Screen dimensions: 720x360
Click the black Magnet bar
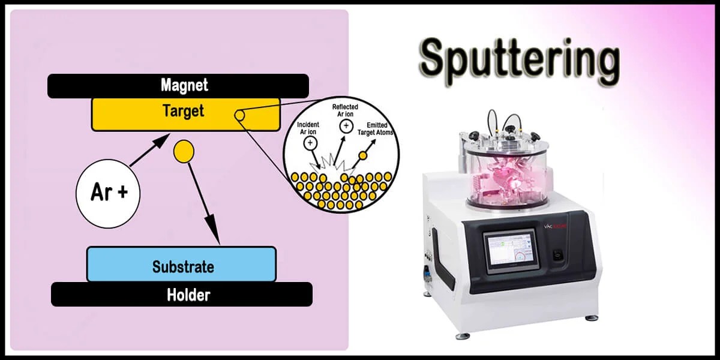point(178,85)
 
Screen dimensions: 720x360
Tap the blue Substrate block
point(181,265)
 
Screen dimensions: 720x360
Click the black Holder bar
point(181,295)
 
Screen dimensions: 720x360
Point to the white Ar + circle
point(108,193)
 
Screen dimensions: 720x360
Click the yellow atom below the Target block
point(183,151)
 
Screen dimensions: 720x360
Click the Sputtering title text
point(519,61)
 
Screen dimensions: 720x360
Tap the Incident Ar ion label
point(309,128)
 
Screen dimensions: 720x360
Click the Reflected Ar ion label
point(345,110)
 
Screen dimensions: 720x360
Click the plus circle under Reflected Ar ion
point(346,125)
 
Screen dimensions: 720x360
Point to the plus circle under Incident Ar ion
point(310,143)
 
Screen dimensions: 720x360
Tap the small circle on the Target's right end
point(239,115)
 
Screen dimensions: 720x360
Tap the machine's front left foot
point(460,335)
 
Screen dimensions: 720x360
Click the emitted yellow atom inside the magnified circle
point(363,156)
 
